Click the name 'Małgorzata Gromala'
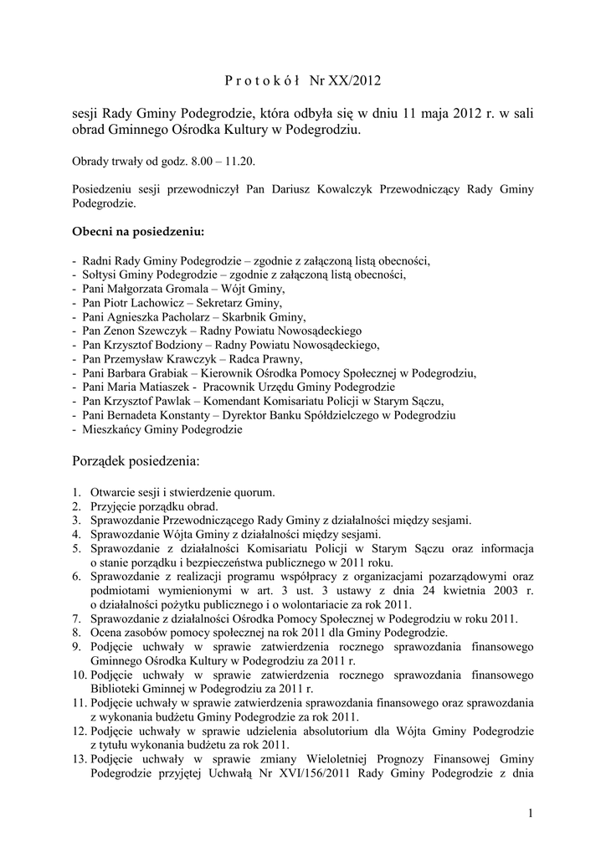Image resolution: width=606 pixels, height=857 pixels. [x=157, y=288]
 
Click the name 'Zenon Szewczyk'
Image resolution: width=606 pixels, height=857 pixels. [x=144, y=331]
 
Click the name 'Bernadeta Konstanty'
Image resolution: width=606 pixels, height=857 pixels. [x=159, y=416]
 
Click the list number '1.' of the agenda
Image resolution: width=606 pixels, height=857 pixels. [x=76, y=493]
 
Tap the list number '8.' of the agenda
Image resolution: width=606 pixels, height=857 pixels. [x=76, y=633]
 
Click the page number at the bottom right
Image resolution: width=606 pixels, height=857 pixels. [x=531, y=813]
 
